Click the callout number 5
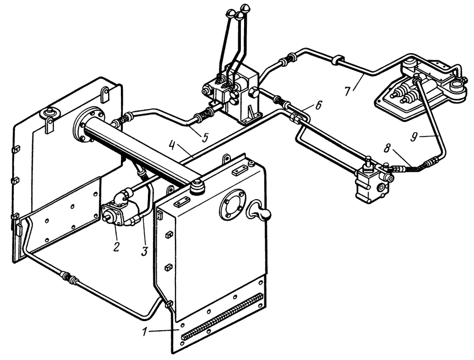pyautogui.click(x=205, y=138)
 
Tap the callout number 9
pyautogui.click(x=415, y=137)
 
